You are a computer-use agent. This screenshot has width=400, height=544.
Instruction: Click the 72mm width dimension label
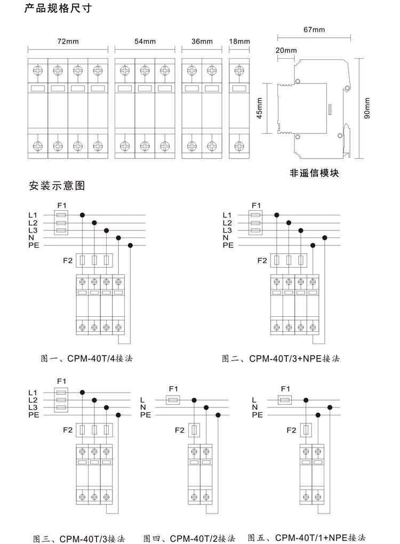pos(68,41)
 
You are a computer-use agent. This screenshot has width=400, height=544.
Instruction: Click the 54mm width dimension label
pos(145,41)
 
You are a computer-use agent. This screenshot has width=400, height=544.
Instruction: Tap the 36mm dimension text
pos(202,41)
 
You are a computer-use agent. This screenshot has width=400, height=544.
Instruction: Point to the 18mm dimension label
pos(239,41)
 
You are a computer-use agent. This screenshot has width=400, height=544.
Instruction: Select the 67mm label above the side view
pos(314,30)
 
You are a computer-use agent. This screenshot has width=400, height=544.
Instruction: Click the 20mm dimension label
pos(286,50)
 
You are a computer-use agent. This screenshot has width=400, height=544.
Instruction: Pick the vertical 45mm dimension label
pos(260,108)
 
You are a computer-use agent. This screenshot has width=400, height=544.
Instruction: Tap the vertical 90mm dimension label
pos(367,108)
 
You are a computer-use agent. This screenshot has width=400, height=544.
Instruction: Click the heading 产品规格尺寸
pos(58,8)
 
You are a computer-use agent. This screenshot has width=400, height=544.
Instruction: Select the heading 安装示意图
pos(57,186)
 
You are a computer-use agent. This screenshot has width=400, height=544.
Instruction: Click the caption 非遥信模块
pos(314,173)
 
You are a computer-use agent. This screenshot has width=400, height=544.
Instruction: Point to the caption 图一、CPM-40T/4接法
pos(87,358)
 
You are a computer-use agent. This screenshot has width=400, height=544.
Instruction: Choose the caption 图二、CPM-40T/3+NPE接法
pos(281,358)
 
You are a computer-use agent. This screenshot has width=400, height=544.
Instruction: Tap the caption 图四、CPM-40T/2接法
pos(189,539)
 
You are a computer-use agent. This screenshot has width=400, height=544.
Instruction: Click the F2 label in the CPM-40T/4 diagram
pos(68,261)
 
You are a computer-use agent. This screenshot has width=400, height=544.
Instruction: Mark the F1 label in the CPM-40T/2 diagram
pos(173,389)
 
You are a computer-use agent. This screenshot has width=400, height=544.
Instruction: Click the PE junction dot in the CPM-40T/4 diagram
pos(131,245)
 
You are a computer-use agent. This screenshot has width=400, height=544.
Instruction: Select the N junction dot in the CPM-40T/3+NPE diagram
pos(325,238)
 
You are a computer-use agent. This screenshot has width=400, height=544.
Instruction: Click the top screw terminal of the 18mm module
pos(239,71)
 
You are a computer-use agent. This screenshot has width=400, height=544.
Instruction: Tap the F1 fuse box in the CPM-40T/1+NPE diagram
pos(285,401)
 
